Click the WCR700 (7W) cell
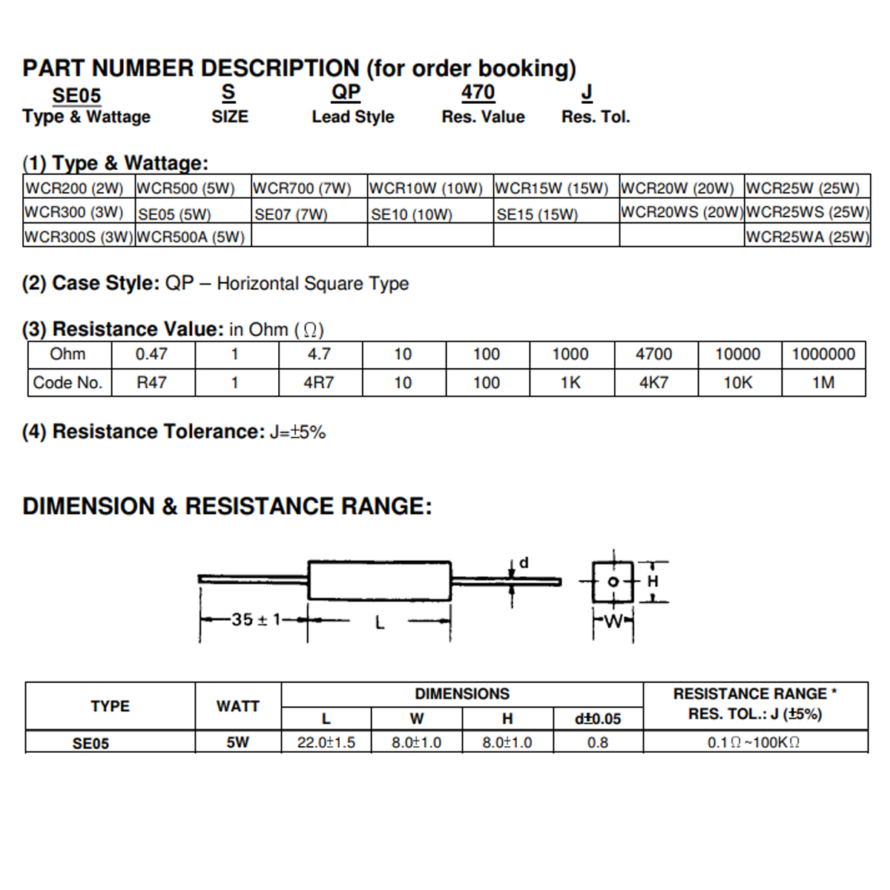click(x=302, y=188)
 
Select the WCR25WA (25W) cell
click(x=807, y=237)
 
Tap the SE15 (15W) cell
click(x=537, y=214)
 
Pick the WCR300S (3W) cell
click(x=79, y=237)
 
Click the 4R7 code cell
click(x=319, y=383)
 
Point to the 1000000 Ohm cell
click(x=823, y=355)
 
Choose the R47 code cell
click(x=151, y=383)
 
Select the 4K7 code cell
click(x=654, y=383)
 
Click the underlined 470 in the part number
click(x=478, y=93)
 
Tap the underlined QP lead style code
click(x=346, y=93)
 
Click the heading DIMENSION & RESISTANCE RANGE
click(x=227, y=507)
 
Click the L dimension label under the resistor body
click(x=380, y=623)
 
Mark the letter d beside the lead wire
click(x=524, y=563)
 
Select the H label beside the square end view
click(x=653, y=581)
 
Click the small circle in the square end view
click(x=613, y=581)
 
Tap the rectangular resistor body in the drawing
click(x=379, y=581)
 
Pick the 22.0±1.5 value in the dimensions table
click(x=326, y=742)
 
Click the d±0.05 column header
click(x=598, y=719)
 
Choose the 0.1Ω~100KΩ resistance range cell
click(x=754, y=742)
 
